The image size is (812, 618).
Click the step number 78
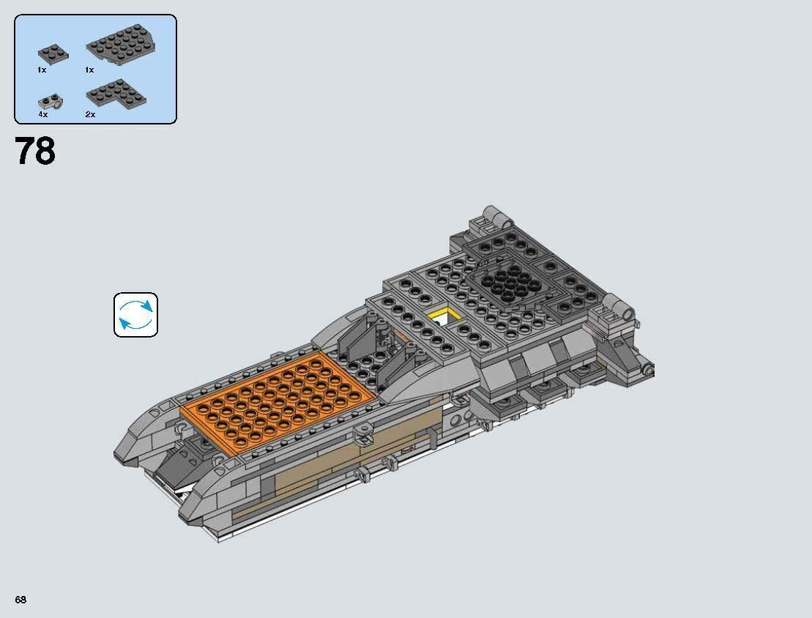[x=35, y=152]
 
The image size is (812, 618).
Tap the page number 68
[x=21, y=600]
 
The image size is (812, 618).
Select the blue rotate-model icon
[x=135, y=315]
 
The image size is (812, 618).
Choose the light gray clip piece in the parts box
[x=50, y=101]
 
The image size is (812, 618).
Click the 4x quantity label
[x=42, y=115]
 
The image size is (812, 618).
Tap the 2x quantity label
[x=90, y=115]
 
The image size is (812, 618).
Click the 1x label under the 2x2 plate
[x=42, y=70]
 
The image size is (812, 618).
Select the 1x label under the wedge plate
[x=89, y=70]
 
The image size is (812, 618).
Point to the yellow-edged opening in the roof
[x=444, y=316]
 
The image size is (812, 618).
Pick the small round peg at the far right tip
[x=649, y=370]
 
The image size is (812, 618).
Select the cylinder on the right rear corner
[x=617, y=307]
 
